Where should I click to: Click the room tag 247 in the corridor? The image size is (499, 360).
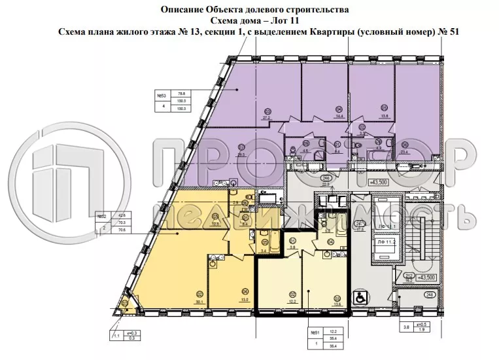point(359,223)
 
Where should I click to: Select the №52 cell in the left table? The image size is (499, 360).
point(102,215)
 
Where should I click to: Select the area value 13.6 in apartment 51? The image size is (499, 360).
point(337,303)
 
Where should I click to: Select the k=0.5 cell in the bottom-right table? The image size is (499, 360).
point(423,325)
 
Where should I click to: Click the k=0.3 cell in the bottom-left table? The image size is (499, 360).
point(130,333)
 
